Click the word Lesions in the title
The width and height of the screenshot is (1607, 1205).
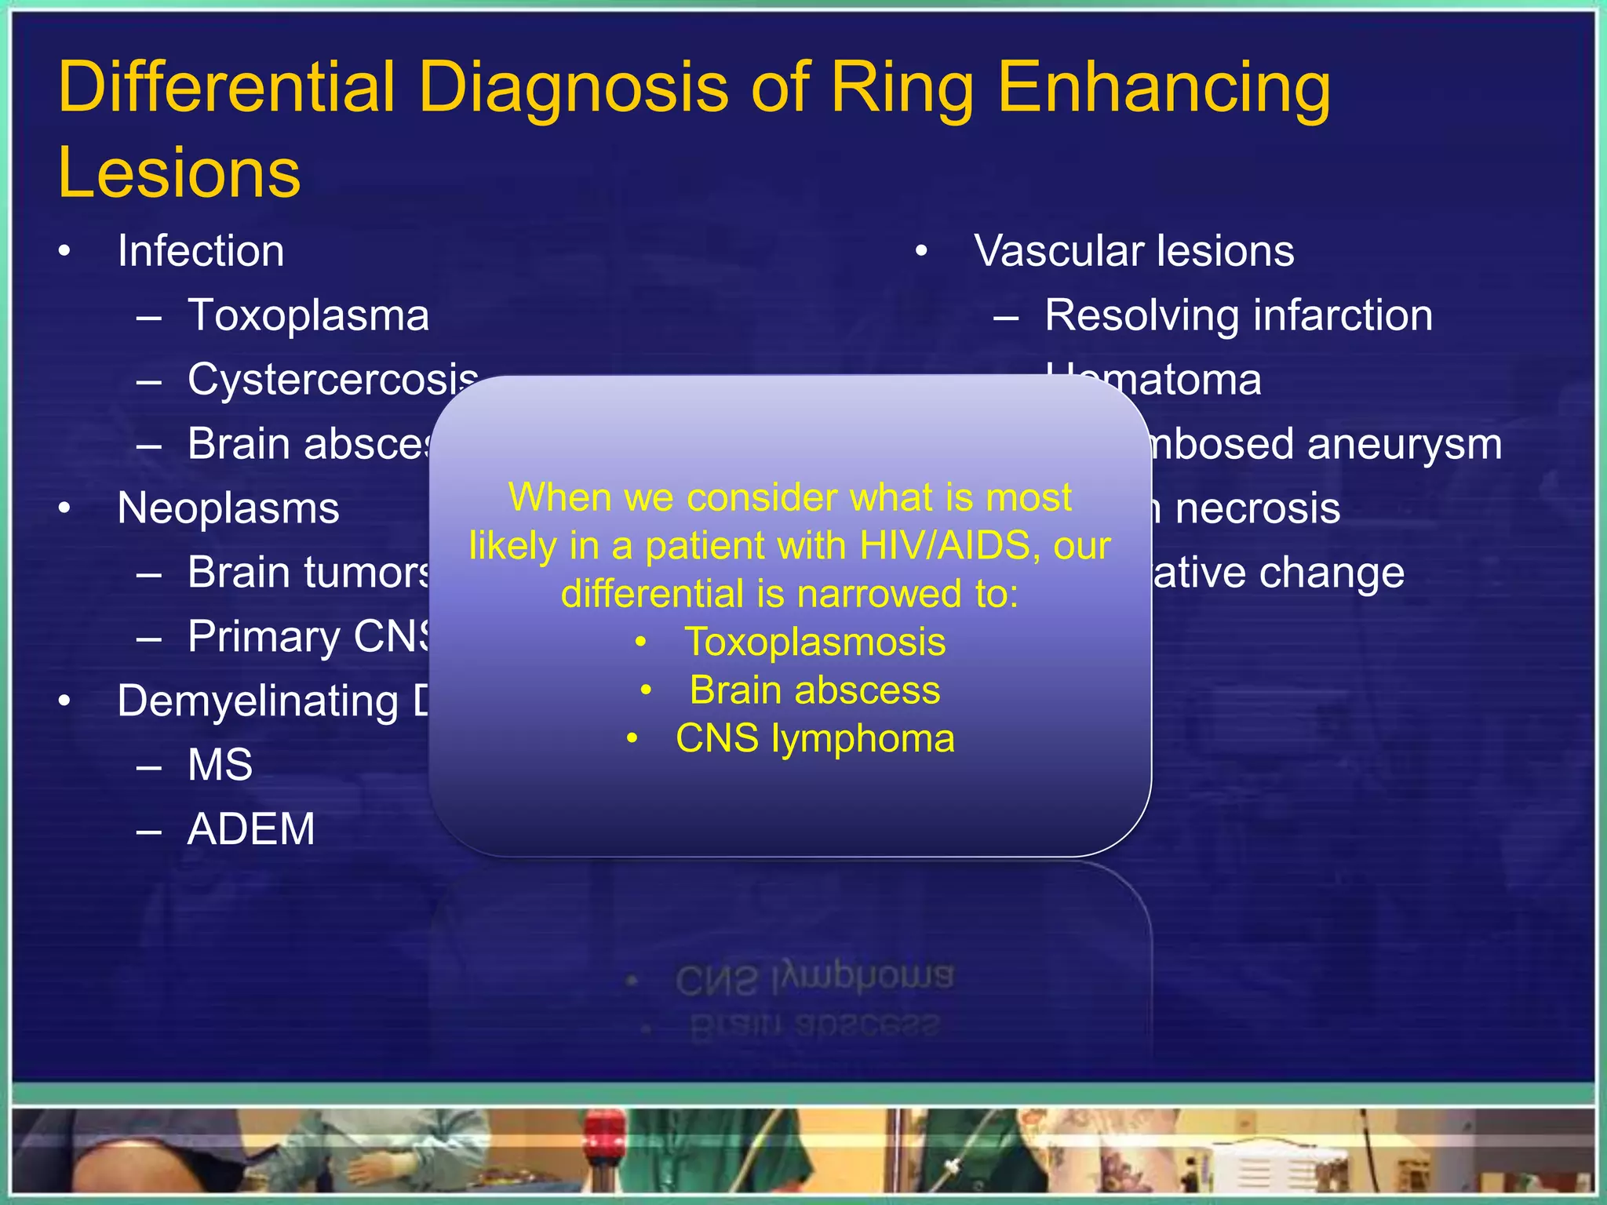point(179,173)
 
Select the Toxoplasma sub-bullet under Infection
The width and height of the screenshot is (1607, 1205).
point(308,315)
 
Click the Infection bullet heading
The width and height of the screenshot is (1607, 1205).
point(200,251)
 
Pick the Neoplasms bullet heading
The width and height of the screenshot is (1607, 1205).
point(228,508)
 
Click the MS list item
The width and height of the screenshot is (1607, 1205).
point(220,765)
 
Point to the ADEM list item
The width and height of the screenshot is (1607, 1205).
point(251,829)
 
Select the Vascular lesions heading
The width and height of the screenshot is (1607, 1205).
point(1133,251)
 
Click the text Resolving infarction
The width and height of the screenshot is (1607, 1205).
point(1238,315)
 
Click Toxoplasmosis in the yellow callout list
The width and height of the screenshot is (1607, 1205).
point(814,642)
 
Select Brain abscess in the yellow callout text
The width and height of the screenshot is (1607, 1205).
point(814,690)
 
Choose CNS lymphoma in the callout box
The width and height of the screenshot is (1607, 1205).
point(814,738)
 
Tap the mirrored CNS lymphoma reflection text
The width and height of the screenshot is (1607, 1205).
point(814,979)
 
